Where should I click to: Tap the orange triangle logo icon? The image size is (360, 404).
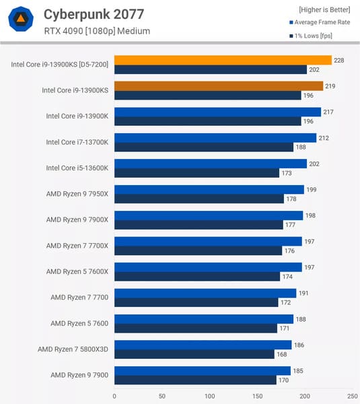click(x=21, y=20)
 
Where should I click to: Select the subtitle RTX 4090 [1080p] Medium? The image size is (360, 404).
click(x=97, y=31)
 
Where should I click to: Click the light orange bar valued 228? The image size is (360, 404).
click(x=223, y=60)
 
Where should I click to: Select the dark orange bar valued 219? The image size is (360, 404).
click(x=219, y=86)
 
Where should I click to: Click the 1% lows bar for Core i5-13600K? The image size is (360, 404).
click(x=196, y=173)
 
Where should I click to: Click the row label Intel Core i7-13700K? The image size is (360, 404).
click(x=77, y=142)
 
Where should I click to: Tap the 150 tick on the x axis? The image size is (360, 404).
click(x=257, y=396)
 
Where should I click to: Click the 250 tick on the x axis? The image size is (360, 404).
click(x=352, y=396)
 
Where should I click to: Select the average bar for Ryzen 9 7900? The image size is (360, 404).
click(x=203, y=370)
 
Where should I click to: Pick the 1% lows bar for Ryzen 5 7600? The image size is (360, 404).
click(x=196, y=328)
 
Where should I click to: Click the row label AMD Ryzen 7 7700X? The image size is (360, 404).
click(x=77, y=246)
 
